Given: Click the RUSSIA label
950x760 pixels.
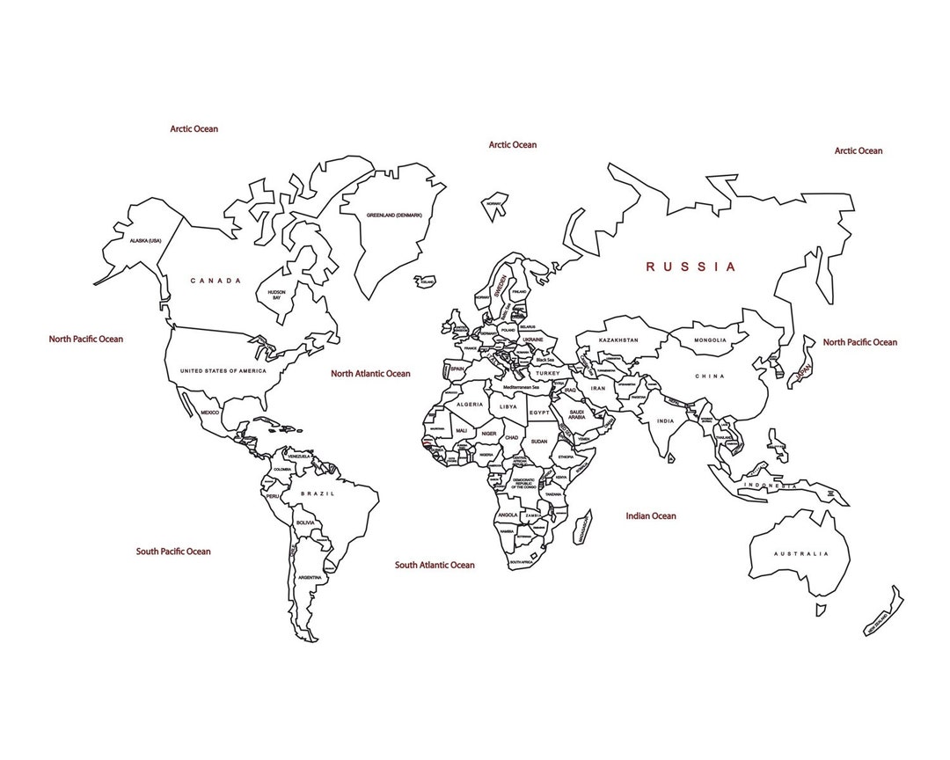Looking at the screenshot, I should pyautogui.click(x=691, y=267).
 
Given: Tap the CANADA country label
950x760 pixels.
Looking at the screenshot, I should pyautogui.click(x=216, y=281).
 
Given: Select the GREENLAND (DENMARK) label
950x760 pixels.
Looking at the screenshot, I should pyautogui.click(x=383, y=216).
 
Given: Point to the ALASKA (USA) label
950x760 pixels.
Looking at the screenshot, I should pyautogui.click(x=146, y=241).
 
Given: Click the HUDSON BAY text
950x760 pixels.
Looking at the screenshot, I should pyautogui.click(x=276, y=295).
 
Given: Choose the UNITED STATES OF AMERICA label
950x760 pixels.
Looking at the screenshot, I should pyautogui.click(x=223, y=371).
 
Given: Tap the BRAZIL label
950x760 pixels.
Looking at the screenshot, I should pyautogui.click(x=318, y=494).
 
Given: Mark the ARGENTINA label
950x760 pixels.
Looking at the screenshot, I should pyautogui.click(x=309, y=577).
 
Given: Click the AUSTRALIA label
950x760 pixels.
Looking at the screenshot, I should pyautogui.click(x=800, y=554).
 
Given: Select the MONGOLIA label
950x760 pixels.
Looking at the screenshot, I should pyautogui.click(x=710, y=340).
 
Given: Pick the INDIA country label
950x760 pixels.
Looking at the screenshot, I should pyautogui.click(x=665, y=421).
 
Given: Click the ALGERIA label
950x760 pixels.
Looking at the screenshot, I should pyautogui.click(x=470, y=405).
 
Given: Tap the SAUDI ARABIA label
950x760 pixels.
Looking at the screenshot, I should pyautogui.click(x=577, y=414).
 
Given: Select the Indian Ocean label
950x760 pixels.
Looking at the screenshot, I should pyautogui.click(x=651, y=516).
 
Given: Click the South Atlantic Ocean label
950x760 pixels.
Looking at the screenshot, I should pyautogui.click(x=435, y=565).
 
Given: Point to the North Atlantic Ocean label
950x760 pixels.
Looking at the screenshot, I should pyautogui.click(x=370, y=374).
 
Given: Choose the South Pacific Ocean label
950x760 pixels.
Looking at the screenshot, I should pyautogui.click(x=173, y=552).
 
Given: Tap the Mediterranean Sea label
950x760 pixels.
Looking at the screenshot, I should pyautogui.click(x=521, y=387).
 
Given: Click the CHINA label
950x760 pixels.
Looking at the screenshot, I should pyautogui.click(x=710, y=376).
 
